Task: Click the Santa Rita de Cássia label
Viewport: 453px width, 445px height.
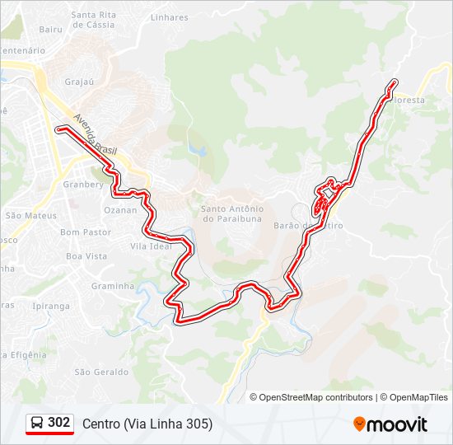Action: [93, 20]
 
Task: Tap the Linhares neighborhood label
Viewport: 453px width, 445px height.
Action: [169, 17]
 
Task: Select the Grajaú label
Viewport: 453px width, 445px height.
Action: [81, 82]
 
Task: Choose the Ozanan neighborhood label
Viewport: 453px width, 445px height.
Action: [120, 210]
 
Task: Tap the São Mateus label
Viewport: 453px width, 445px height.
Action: [31, 215]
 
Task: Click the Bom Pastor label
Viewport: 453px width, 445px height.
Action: [86, 232]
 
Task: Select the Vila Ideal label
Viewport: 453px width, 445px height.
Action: [151, 246]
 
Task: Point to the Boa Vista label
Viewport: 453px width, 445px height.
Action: [86, 256]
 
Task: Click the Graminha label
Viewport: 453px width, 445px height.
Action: [113, 286]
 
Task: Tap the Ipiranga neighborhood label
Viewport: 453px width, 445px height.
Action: [51, 306]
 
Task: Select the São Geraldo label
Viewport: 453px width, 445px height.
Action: [101, 372]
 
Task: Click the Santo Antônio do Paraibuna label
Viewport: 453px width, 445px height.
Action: [231, 213]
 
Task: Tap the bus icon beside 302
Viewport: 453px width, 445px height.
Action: [37, 423]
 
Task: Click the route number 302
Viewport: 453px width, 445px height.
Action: [59, 422]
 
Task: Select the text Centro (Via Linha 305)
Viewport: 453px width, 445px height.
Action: [147, 424]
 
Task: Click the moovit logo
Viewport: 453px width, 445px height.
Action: [390, 424]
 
